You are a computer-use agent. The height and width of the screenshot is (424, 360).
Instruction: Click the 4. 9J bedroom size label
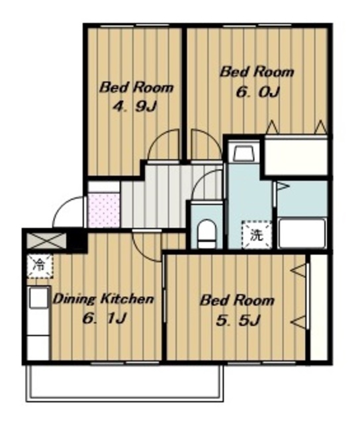click(134, 107)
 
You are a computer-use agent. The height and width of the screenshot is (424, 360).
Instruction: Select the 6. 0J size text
click(257, 92)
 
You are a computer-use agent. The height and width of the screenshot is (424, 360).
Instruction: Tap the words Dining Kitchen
click(103, 299)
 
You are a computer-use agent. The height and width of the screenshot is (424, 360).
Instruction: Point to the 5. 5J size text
click(238, 321)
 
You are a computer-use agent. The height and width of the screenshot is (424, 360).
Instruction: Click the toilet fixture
click(206, 234)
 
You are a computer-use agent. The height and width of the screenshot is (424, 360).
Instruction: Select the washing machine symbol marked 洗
click(256, 235)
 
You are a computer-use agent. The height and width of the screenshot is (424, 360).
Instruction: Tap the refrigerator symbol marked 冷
click(40, 266)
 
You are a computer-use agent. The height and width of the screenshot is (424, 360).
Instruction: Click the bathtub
click(302, 233)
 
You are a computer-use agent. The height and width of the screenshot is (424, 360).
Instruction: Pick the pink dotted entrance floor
click(104, 210)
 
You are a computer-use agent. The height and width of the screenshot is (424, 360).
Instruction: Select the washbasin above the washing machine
click(244, 153)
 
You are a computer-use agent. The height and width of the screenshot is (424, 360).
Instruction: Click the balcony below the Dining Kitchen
click(125, 383)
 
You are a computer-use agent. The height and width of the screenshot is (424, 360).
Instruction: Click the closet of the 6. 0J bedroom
click(296, 156)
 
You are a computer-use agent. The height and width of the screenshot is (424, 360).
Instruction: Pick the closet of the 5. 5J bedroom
click(318, 307)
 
